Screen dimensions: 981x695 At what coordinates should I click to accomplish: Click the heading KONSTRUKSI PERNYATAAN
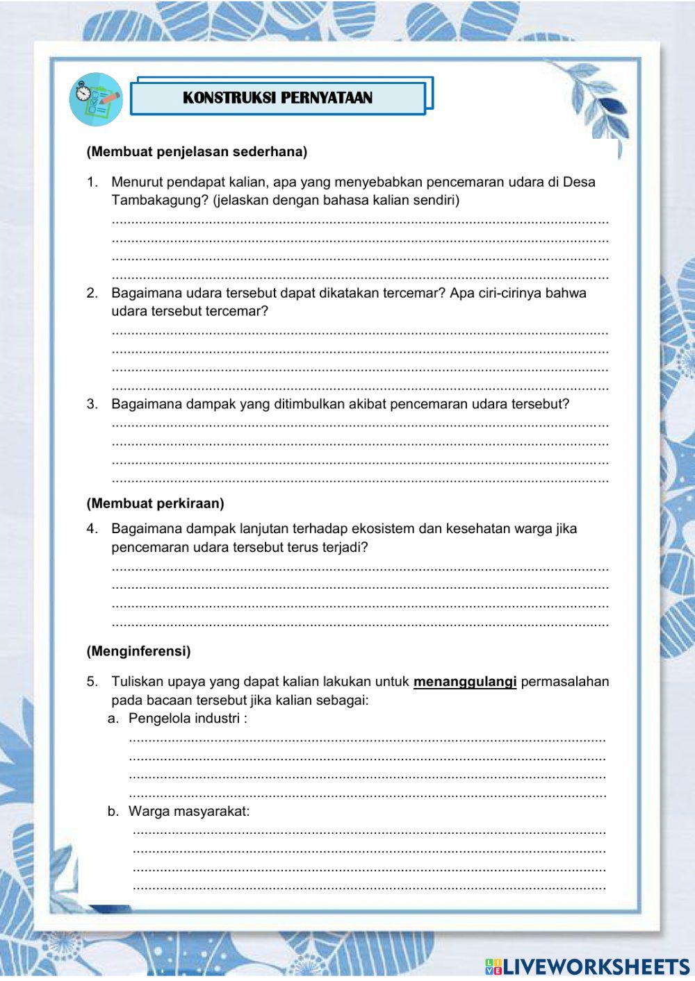(277, 98)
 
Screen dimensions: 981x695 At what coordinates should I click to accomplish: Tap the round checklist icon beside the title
(96, 99)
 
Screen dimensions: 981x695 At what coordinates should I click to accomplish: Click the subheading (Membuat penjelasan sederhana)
(197, 151)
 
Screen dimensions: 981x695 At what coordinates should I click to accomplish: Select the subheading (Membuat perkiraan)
(155, 503)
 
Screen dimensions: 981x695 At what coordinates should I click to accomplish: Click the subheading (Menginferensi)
(138, 651)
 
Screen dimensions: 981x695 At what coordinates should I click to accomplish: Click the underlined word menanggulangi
(464, 682)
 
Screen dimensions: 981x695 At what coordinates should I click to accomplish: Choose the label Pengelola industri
(184, 719)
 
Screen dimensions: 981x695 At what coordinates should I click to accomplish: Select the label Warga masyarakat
(189, 811)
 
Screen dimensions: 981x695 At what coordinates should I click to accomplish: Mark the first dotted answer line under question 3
(359, 424)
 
